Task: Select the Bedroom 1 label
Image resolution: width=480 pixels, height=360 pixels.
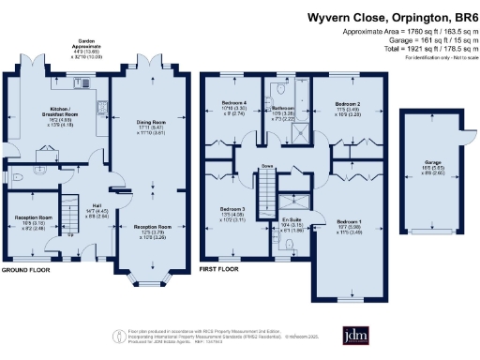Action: [349, 221]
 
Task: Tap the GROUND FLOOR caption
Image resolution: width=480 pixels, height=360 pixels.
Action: [24, 269]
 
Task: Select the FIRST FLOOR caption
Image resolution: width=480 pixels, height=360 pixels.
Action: [221, 269]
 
